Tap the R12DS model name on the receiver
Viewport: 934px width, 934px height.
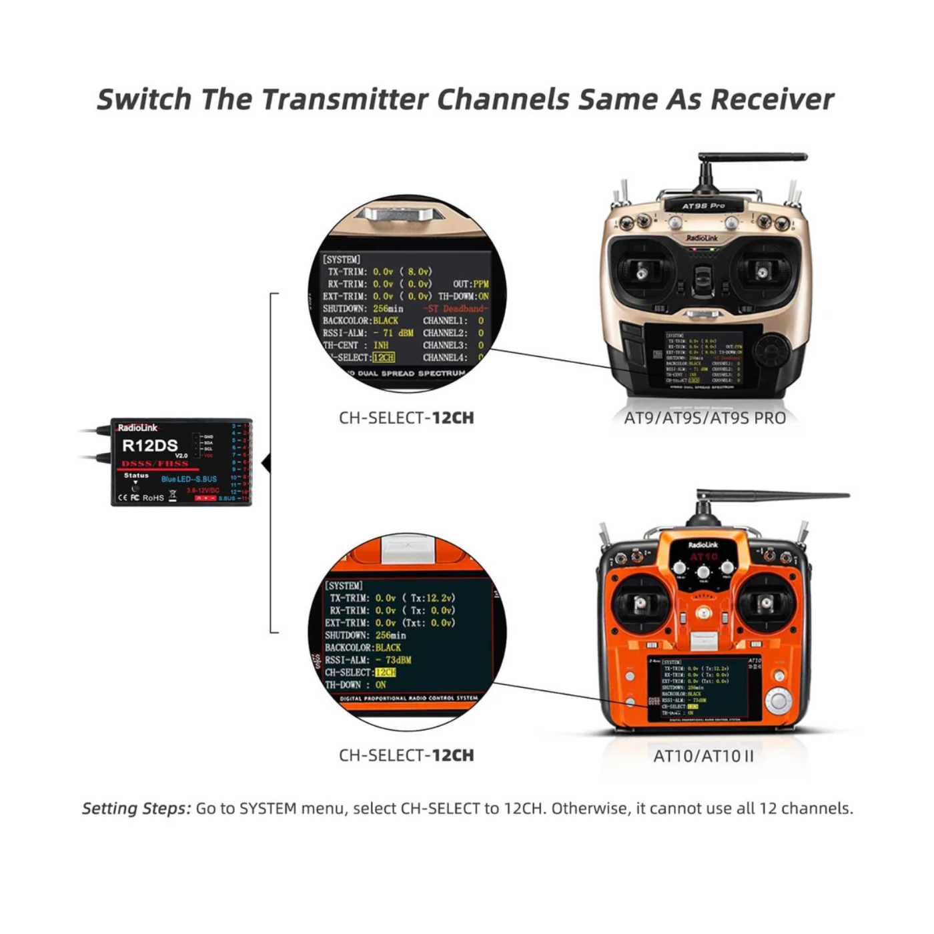pos(150,446)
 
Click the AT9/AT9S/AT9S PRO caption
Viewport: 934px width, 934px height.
pos(705,418)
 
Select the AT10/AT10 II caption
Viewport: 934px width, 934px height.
pos(703,756)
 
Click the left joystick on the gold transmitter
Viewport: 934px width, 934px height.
pos(642,272)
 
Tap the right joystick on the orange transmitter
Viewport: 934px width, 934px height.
pos(766,603)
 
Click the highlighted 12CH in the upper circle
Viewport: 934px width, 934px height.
pos(384,358)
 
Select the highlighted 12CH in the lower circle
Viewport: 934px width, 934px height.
pos(385,672)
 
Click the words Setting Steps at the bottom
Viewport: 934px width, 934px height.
pos(136,809)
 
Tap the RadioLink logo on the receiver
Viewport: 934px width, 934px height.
pos(137,428)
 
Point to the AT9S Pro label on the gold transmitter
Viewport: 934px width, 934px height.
pos(703,206)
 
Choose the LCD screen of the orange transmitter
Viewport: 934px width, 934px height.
pos(705,688)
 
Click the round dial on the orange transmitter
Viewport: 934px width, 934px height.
pos(778,700)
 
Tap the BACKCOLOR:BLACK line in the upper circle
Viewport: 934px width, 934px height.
pos(361,321)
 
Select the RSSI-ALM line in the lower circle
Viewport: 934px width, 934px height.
pos(368,660)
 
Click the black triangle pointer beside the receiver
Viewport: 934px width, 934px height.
pos(266,462)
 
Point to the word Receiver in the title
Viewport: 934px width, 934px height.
pos(771,99)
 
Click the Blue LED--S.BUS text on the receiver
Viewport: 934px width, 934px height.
pos(189,479)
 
